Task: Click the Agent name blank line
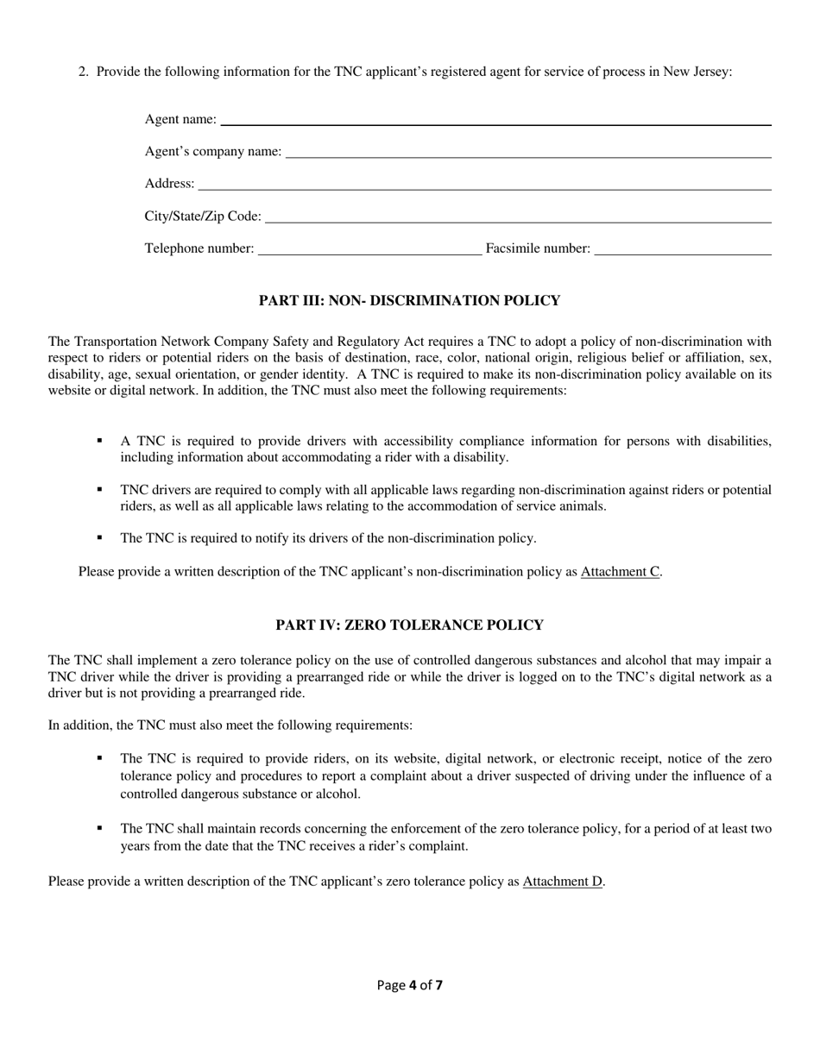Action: (495, 121)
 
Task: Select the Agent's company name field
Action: (527, 153)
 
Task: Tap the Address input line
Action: (484, 185)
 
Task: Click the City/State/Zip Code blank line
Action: (518, 217)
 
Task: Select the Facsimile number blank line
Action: (683, 250)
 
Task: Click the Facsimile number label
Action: (538, 248)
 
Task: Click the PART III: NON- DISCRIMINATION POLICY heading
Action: (409, 301)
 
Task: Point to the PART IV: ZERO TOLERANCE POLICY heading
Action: (409, 625)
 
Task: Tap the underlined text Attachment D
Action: (562, 882)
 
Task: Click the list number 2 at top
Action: (83, 72)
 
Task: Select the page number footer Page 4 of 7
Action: (409, 985)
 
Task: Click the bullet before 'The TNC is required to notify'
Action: (100, 537)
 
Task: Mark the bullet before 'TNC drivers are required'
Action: (100, 489)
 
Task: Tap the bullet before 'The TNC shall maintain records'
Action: (100, 828)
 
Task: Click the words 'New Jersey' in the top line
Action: (696, 72)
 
